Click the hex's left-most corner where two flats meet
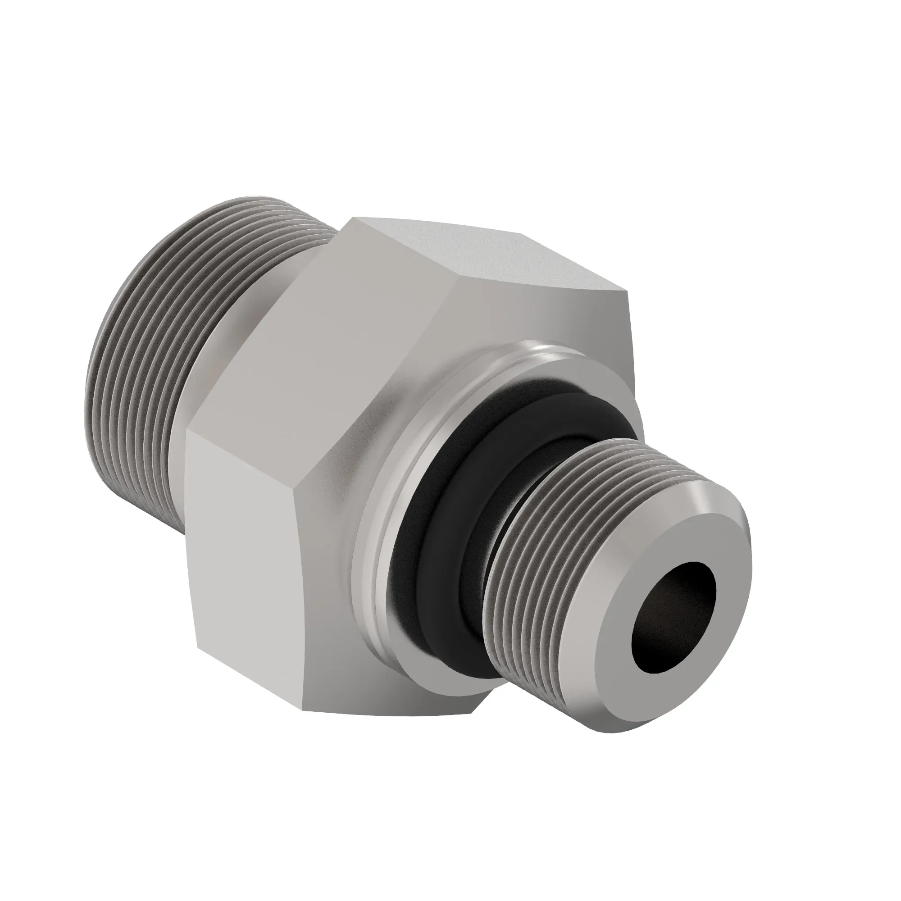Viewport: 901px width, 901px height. click(x=186, y=432)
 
